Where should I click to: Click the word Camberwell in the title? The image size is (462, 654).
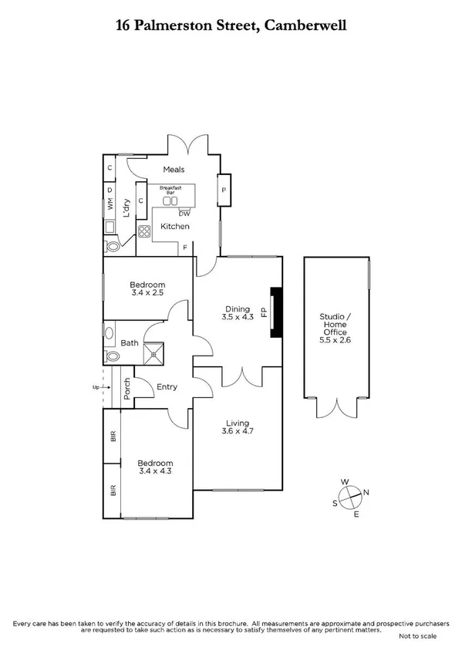tap(306, 25)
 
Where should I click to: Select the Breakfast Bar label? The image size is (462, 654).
tap(170, 190)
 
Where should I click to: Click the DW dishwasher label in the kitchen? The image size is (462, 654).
tap(184, 214)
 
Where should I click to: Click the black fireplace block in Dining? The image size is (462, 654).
tap(274, 313)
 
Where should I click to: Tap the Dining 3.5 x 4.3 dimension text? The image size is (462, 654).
tap(237, 316)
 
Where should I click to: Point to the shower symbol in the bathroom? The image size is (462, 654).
tap(159, 352)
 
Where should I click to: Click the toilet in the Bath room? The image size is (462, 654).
tap(112, 357)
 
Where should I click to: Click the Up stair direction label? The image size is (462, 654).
tap(95, 387)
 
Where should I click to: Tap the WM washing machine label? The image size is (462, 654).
tap(110, 205)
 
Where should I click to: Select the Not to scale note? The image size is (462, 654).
tap(417, 636)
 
